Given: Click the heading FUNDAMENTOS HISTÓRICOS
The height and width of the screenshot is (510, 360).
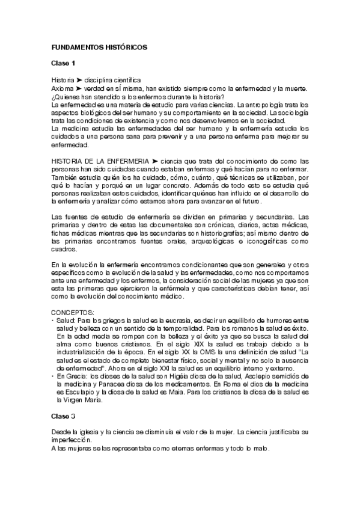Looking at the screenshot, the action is coord(96,46).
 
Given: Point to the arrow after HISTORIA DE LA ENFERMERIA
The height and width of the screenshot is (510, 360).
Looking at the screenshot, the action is coord(154,161).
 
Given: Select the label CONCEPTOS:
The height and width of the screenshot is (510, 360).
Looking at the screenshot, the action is coord(73,313).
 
